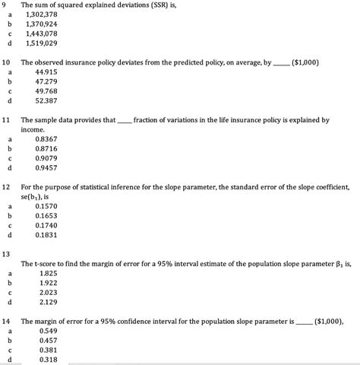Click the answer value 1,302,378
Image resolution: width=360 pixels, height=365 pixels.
pos(51,14)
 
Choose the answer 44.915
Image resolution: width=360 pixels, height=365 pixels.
pos(46,71)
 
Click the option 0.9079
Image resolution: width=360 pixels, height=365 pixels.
pos(46,158)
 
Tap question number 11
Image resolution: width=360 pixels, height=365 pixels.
pos(7,120)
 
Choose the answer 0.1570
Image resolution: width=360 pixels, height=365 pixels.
pos(46,206)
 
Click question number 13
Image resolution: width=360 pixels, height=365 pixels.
pos(7,252)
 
